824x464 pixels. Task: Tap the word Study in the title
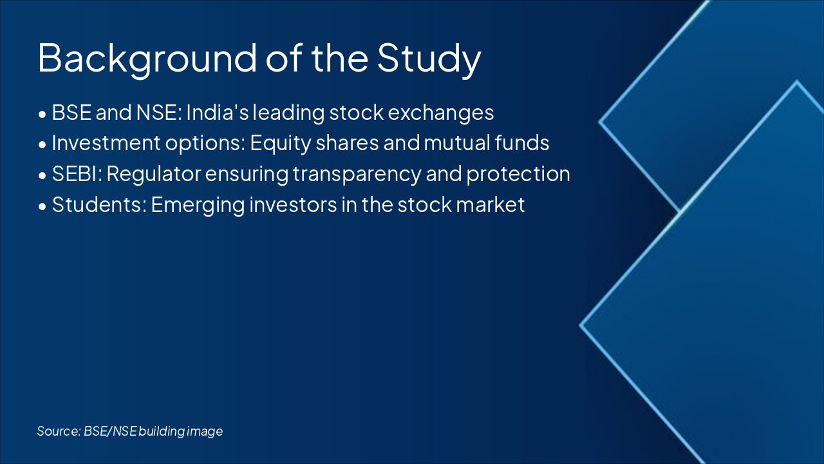click(x=429, y=58)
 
